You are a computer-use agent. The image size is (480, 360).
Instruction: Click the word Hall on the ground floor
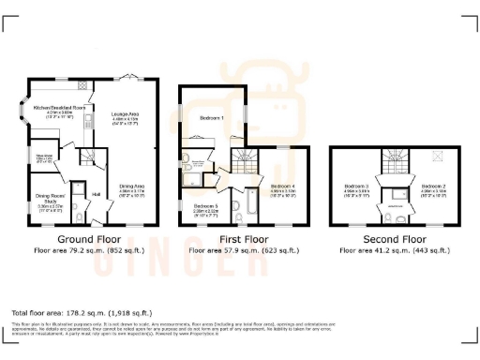pos(97,195)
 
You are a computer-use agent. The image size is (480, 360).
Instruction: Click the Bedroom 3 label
pos(357,186)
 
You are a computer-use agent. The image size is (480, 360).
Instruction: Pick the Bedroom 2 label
pos(433,186)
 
